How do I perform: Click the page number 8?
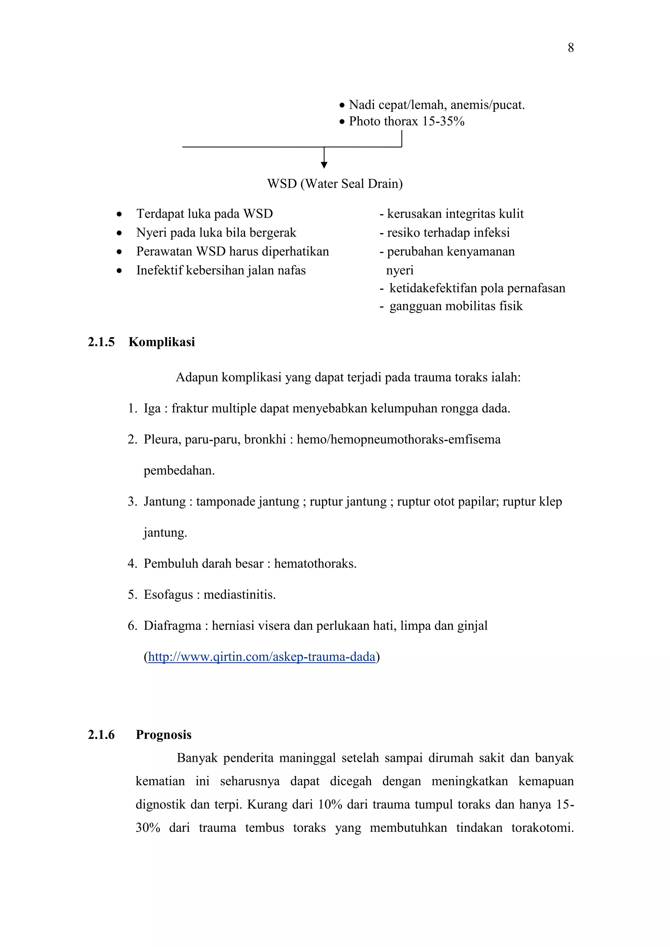[x=571, y=48]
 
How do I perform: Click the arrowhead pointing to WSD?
[x=324, y=165]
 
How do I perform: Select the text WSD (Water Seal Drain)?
[x=335, y=183]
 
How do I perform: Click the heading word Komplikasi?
[x=162, y=342]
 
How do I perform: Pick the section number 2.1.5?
[x=101, y=342]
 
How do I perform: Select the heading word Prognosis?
[x=164, y=734]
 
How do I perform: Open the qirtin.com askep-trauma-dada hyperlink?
[x=262, y=657]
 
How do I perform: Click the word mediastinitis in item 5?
[x=239, y=595]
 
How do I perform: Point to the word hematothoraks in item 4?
[x=315, y=563]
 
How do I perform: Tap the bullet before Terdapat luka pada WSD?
[x=119, y=214]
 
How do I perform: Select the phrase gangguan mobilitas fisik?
[x=455, y=306]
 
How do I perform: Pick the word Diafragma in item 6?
[x=172, y=626]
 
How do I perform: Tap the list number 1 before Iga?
[x=132, y=409]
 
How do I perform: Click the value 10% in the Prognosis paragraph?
[x=330, y=805]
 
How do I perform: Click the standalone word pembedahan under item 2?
[x=179, y=471]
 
